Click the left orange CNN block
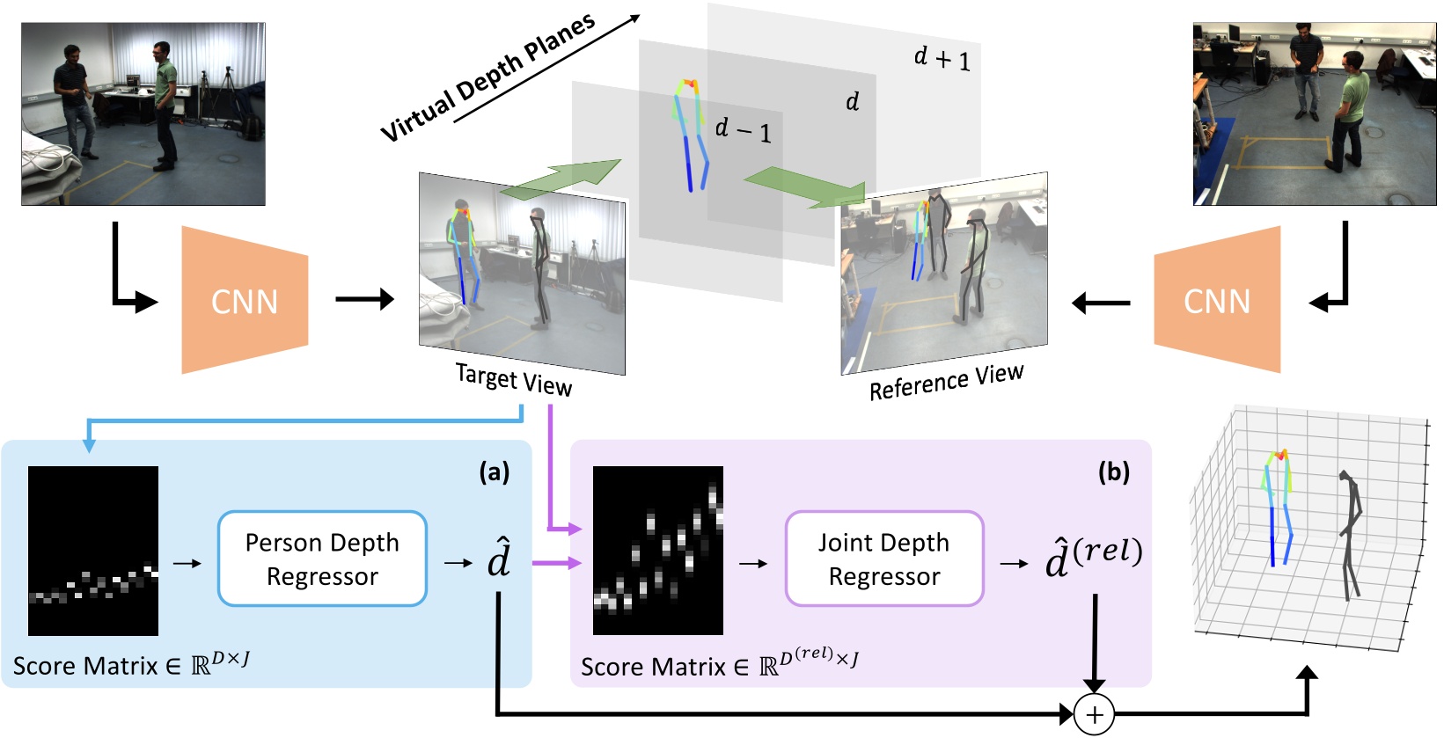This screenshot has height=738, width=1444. coord(245,301)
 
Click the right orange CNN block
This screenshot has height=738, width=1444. coord(1217,301)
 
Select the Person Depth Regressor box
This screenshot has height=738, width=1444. coord(322,559)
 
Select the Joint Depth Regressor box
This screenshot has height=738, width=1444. coord(883,559)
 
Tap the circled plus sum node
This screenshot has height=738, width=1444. coord(1094,714)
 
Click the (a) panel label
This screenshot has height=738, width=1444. coord(494,472)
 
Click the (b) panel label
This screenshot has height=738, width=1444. coord(1113,472)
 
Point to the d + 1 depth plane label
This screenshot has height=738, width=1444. coord(942,59)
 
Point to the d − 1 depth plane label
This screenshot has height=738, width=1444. coord(743,130)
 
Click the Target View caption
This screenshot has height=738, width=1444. coord(513,379)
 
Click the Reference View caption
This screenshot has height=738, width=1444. coord(946,382)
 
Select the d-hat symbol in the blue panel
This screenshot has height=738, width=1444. coord(498,558)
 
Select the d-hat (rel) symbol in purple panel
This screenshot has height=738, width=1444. coord(1093,557)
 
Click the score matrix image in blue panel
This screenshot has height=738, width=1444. coord(93,551)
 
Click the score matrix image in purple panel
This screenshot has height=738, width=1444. coord(657,551)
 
